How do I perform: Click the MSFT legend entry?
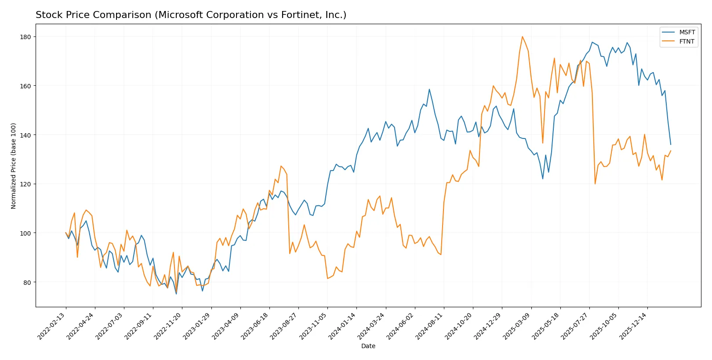pos(687,32)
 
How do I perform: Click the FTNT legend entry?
pos(687,41)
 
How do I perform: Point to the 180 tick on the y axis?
pos(25,37)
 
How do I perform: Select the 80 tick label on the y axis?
pos(26,282)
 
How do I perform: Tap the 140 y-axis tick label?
pos(25,135)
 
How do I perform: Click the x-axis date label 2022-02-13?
pos(51,326)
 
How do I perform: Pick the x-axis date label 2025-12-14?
pos(633,326)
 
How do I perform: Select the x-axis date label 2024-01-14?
pos(342,326)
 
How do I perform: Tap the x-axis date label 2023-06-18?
pos(255,326)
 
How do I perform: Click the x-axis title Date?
pos(368,346)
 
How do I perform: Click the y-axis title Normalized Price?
pos(13,166)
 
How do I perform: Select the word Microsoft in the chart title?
pos(179,15)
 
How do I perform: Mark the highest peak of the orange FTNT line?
pos(522,36)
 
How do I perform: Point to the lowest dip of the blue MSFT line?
pos(176,294)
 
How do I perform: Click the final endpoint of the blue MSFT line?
pos(671,144)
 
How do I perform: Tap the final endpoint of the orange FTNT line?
pos(671,151)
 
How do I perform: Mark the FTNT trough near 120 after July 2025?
pos(595,184)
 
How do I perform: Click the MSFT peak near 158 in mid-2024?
pos(429,89)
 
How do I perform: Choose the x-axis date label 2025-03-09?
pos(516,326)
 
